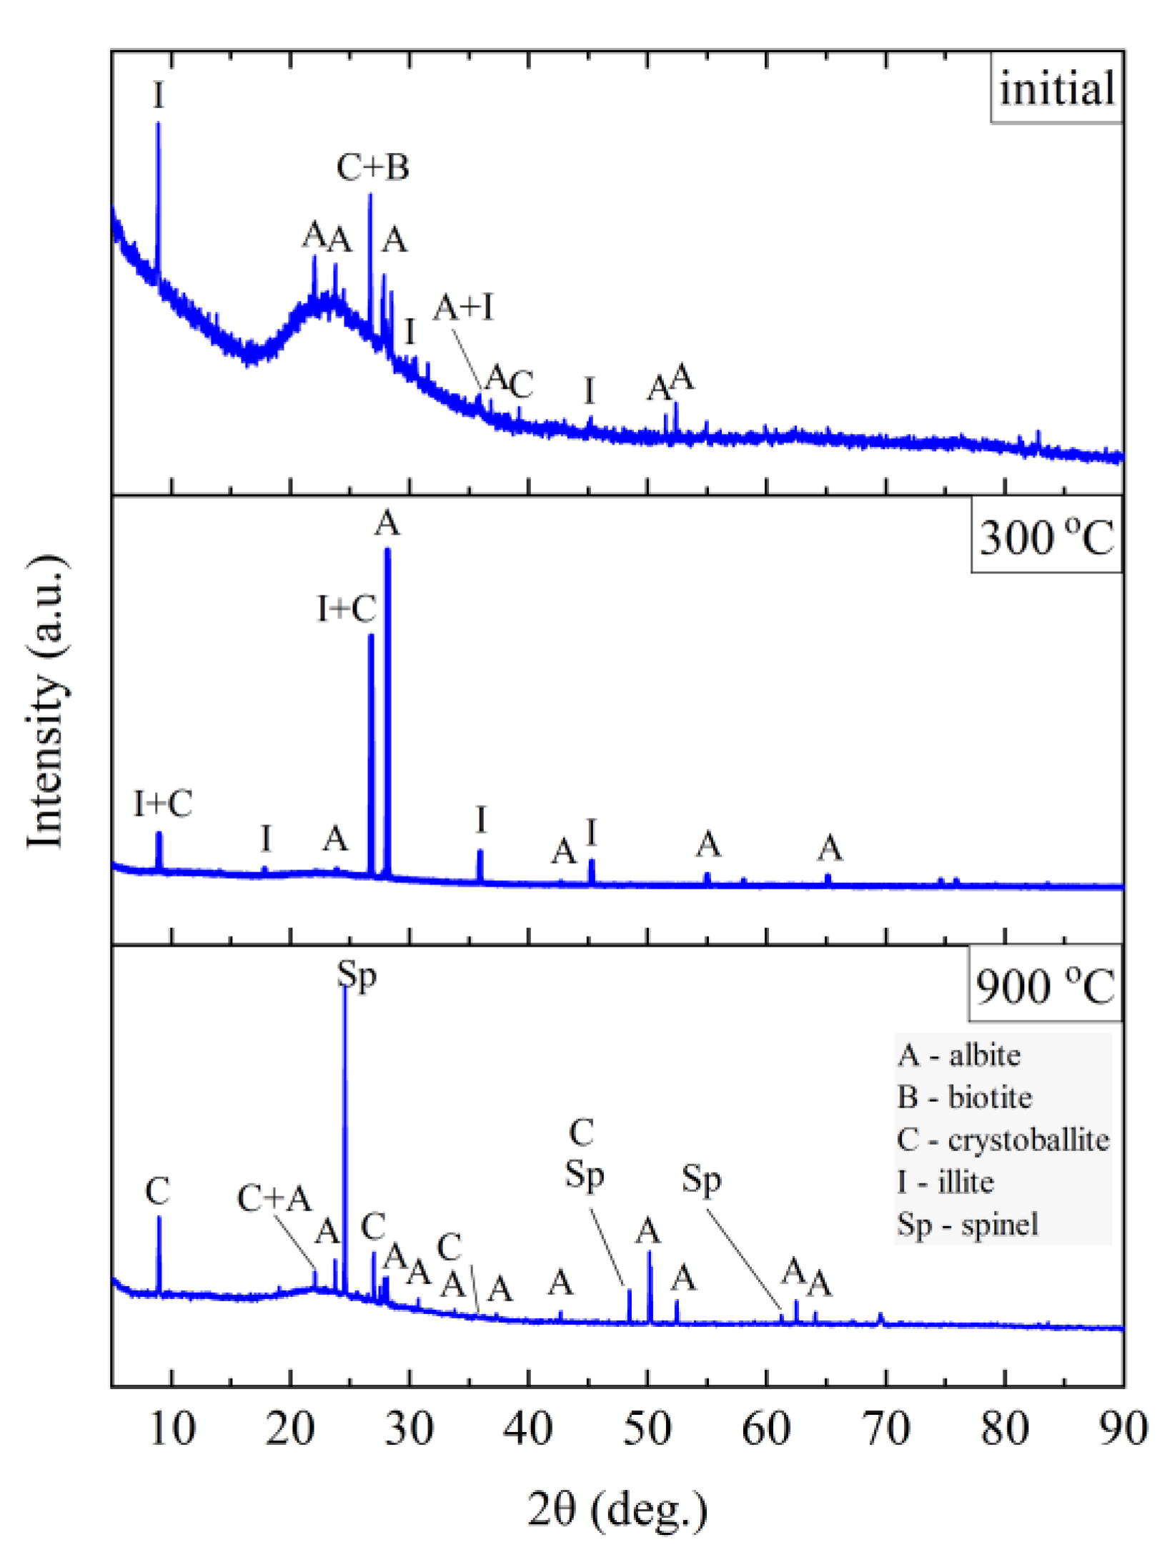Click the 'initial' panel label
[1056, 89]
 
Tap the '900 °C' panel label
[1045, 987]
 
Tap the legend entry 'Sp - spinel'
[968, 1224]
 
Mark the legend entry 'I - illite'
[945, 1182]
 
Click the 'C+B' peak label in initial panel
[372, 168]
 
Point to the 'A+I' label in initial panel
[464, 308]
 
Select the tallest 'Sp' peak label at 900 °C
[357, 974]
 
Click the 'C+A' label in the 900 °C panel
[274, 1198]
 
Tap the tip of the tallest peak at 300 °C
[387, 550]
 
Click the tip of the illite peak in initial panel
[158, 124]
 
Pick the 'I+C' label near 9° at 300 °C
[163, 804]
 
